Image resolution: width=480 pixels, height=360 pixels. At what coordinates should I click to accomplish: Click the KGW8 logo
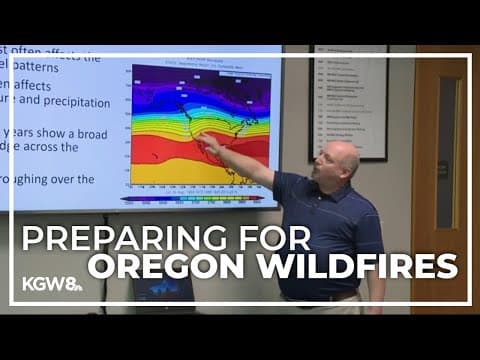tap(51, 283)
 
